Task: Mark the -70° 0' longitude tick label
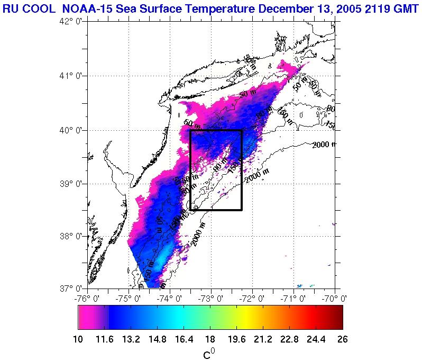pyautogui.click(x=336, y=298)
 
